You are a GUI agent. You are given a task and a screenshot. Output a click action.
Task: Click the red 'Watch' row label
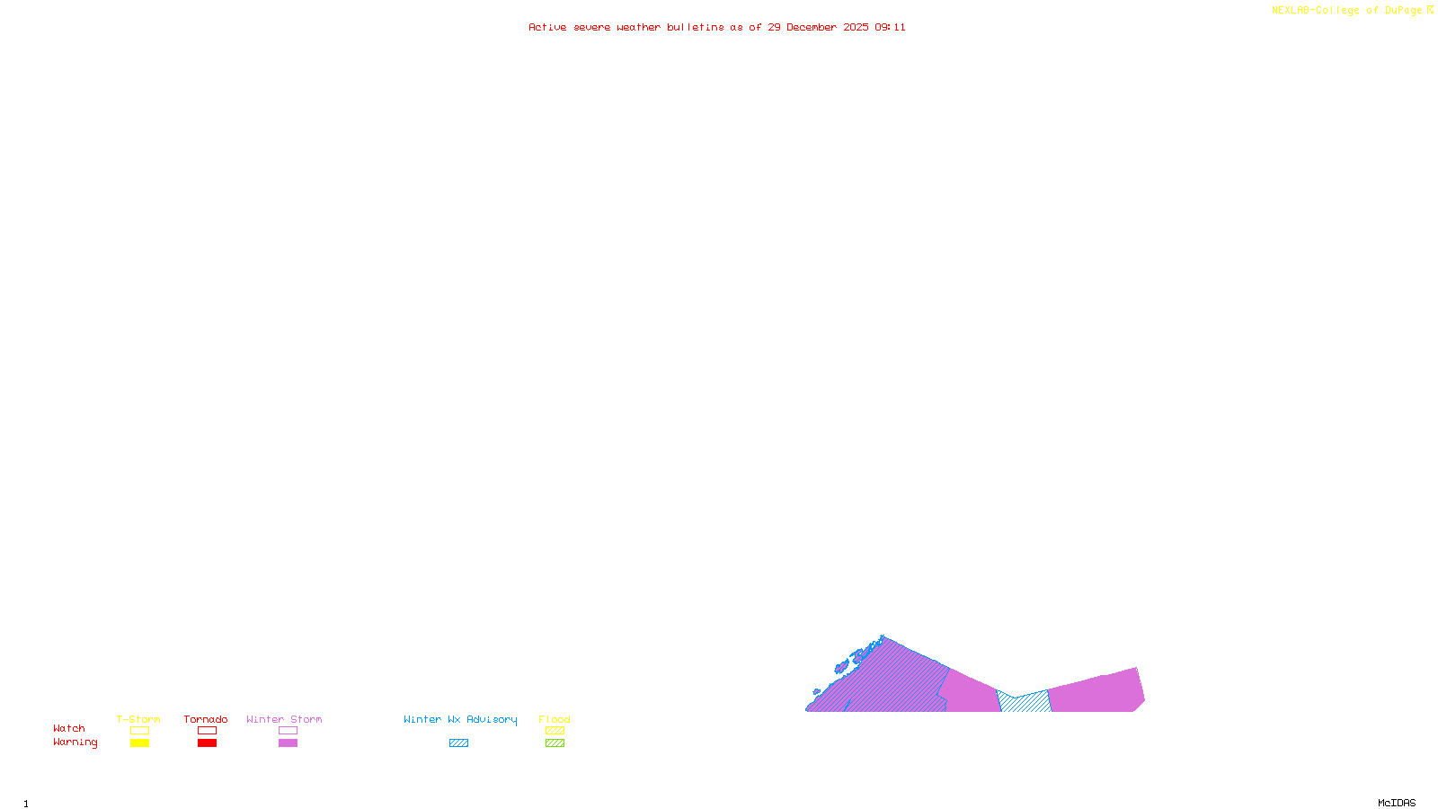click(69, 729)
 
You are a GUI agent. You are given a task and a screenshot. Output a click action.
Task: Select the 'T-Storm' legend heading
click(138, 719)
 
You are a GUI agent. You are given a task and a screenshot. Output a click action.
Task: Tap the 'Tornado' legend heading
click(206, 719)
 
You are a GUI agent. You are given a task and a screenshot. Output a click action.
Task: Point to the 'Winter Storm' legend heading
click(284, 719)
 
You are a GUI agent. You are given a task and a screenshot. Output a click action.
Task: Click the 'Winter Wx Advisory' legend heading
click(460, 719)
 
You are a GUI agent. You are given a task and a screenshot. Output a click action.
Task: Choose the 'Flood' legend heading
click(555, 719)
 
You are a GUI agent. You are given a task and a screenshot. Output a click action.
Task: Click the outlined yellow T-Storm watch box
click(139, 731)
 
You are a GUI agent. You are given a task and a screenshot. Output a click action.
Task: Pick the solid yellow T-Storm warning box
click(139, 743)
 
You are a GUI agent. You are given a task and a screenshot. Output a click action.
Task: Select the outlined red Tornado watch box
click(207, 731)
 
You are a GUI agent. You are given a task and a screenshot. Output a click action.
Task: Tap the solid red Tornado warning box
click(207, 743)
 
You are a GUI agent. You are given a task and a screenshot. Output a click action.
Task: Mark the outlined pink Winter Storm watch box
click(288, 731)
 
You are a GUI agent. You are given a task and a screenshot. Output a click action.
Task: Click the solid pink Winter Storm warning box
click(288, 743)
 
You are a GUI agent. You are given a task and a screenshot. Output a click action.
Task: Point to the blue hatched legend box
click(458, 743)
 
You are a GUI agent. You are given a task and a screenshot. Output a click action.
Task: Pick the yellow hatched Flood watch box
click(555, 731)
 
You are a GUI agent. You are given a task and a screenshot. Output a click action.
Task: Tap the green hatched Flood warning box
click(555, 743)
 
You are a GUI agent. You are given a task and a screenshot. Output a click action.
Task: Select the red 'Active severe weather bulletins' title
click(716, 28)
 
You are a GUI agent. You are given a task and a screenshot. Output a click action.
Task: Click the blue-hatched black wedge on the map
click(1025, 703)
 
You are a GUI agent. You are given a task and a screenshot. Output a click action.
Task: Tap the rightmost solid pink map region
click(1096, 692)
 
